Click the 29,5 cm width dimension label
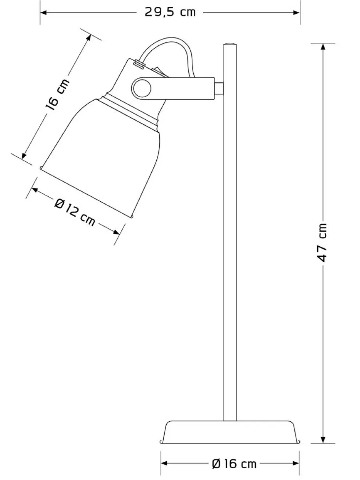click(170, 12)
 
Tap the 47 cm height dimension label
click(322, 242)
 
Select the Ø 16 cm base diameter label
click(234, 464)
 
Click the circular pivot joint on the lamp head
click(142, 88)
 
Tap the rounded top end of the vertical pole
click(230, 45)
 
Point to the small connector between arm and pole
click(219, 88)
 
